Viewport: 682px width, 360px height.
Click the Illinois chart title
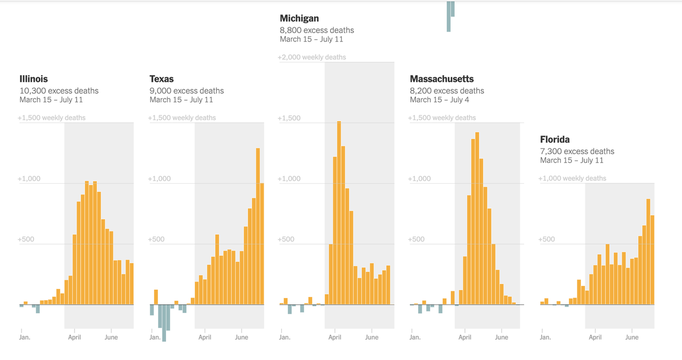(x=34, y=79)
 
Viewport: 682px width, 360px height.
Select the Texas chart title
(x=162, y=79)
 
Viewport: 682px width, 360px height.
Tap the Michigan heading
(x=300, y=19)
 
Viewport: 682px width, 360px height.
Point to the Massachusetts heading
(x=442, y=79)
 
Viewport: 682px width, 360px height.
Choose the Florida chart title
(x=555, y=139)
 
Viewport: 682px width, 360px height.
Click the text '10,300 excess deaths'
(x=59, y=91)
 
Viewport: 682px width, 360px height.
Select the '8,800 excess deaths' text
(x=317, y=30)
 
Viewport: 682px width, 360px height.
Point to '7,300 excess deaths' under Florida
(x=577, y=151)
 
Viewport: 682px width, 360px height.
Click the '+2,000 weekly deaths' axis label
(x=311, y=57)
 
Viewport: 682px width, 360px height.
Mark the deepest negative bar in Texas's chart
(x=164, y=323)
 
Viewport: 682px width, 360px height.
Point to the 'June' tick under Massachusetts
(x=501, y=337)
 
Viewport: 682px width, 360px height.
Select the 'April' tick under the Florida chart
(x=595, y=337)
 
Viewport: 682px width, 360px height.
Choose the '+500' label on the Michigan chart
(x=286, y=239)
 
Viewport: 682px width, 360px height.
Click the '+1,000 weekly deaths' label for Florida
(x=572, y=179)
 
